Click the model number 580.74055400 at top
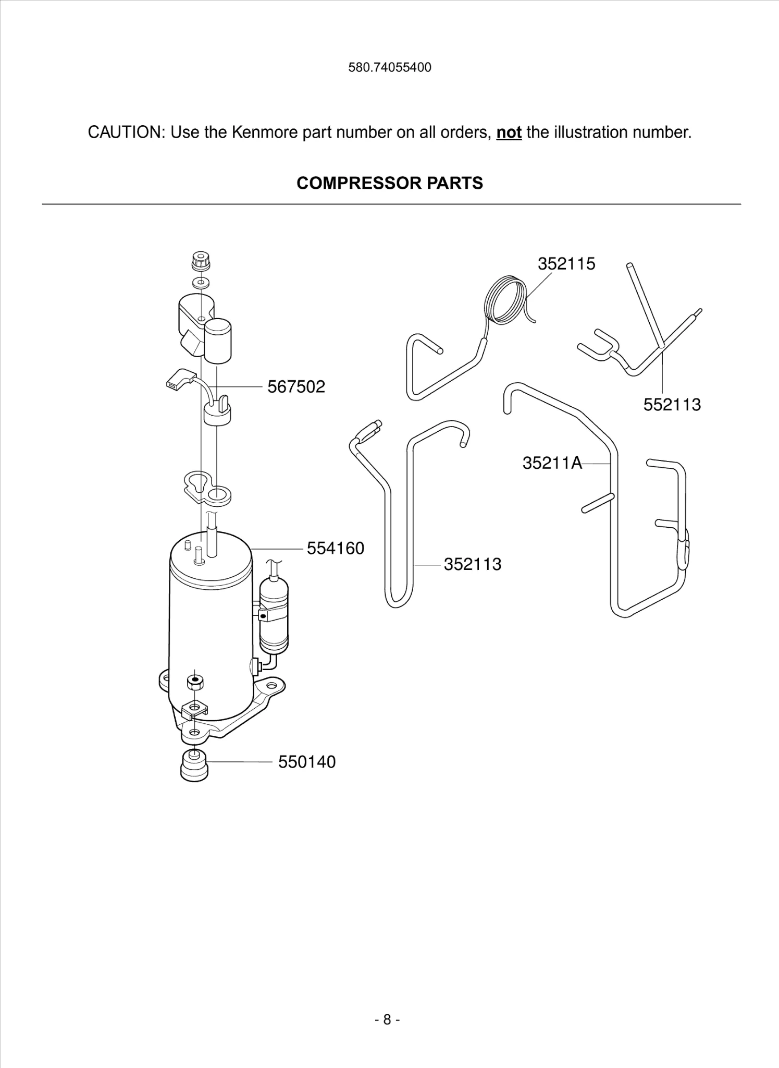(389, 68)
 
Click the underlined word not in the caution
(509, 132)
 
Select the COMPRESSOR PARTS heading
(389, 183)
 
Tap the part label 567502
(296, 387)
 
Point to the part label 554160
(335, 549)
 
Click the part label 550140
(306, 762)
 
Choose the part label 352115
(566, 264)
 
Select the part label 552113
(672, 405)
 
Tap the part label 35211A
(552, 463)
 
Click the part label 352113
(472, 564)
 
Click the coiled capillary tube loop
(504, 301)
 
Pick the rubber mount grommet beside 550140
(194, 765)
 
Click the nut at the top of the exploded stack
(201, 261)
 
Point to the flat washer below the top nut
(201, 283)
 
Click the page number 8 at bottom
(387, 1020)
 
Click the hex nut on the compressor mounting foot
(195, 682)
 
